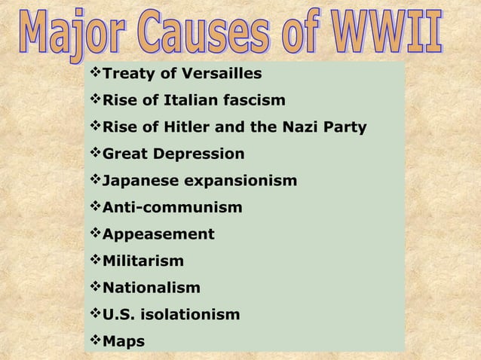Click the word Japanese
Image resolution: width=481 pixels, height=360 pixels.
pos(136,181)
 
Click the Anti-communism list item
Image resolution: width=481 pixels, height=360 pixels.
pos(172,207)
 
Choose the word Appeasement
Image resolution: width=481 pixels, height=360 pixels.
pos(158,234)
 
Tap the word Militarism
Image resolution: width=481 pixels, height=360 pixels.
pos(142,261)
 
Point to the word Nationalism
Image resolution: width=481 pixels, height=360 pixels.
pos(152,288)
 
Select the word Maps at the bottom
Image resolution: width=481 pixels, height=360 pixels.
pos(123,341)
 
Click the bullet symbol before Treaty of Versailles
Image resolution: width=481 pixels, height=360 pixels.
pos(94,73)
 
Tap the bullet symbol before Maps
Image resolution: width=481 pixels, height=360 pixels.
pos(94,340)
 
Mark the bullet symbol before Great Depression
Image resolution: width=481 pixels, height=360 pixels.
pos(94,154)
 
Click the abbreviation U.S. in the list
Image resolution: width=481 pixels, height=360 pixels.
pos(117,315)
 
